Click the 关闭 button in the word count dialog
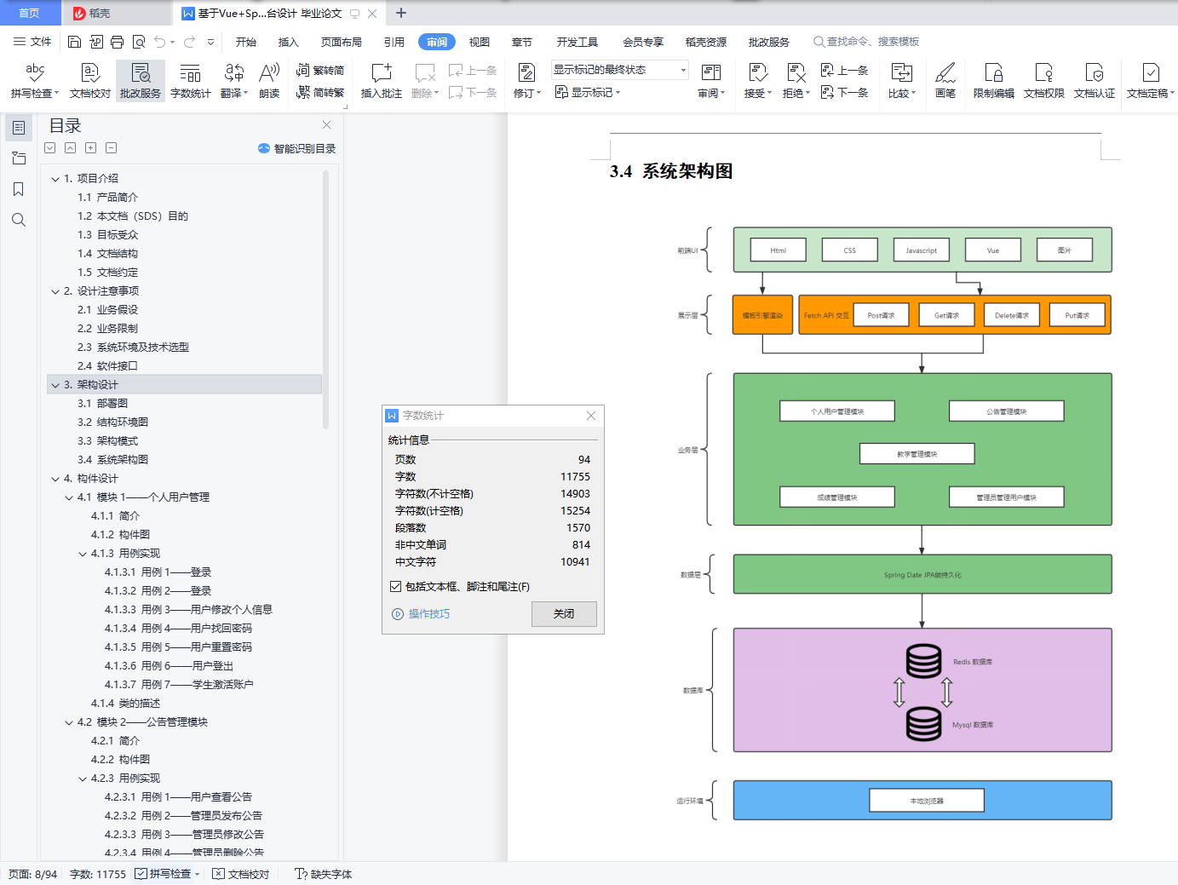pos(564,614)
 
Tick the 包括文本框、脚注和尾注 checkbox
pos(396,587)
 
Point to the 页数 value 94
pos(583,460)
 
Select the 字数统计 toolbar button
pos(190,80)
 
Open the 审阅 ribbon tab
pos(437,42)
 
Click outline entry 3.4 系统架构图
pos(113,460)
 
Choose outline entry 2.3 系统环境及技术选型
pos(134,348)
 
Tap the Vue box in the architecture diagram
pos(992,250)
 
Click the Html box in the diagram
pos(778,250)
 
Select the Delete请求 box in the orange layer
pos(1012,315)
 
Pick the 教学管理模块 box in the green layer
pos(917,454)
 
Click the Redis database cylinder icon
pos(923,661)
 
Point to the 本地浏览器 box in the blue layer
pos(926,801)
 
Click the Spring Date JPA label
pos(922,575)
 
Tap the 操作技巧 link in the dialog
pos(428,614)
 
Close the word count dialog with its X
pos(591,416)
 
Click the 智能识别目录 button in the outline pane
pos(297,148)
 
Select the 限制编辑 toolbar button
pos(993,80)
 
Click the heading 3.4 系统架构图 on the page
pos(671,171)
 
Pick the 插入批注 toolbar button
pos(381,80)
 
